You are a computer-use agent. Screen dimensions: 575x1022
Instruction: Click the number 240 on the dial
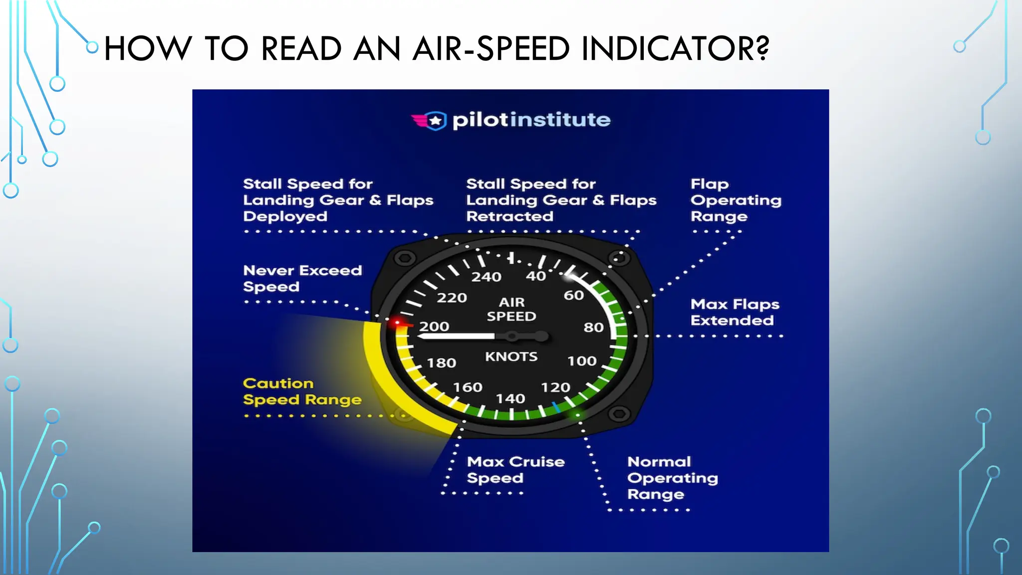(486, 277)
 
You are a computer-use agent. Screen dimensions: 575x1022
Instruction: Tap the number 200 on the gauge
(434, 326)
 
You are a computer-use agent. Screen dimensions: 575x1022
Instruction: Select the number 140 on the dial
(510, 399)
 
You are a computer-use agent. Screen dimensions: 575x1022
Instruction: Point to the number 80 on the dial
(593, 327)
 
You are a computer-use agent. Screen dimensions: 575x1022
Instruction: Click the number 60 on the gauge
(573, 295)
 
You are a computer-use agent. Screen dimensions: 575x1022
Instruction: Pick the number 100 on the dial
(582, 361)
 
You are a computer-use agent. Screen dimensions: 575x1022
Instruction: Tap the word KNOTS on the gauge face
(511, 357)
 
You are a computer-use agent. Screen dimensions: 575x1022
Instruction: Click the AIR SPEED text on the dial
(511, 309)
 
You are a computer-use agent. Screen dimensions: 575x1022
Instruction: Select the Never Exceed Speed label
(302, 279)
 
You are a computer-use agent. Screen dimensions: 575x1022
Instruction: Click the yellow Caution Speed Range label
(302, 391)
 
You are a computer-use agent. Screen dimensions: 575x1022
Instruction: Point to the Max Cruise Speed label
(515, 470)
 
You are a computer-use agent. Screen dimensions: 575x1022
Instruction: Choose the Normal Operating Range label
(672, 478)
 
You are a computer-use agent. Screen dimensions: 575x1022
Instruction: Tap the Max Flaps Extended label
(735, 312)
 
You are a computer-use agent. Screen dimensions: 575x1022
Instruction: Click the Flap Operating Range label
(736, 200)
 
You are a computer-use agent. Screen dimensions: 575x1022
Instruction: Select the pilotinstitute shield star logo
(435, 121)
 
